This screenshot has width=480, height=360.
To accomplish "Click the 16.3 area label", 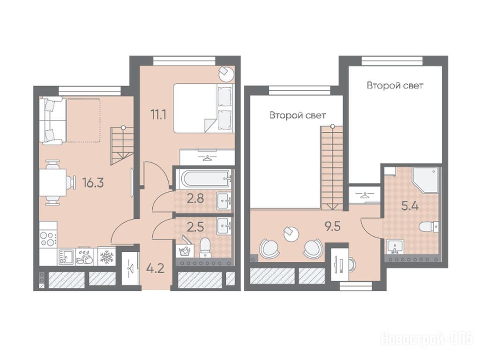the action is (x=93, y=183).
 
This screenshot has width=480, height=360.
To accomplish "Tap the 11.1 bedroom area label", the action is (x=158, y=115).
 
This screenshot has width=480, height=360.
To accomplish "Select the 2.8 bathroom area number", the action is (x=195, y=199).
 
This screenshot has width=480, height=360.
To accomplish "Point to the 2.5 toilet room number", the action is (x=195, y=227).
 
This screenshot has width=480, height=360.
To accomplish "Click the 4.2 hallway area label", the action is (x=155, y=269).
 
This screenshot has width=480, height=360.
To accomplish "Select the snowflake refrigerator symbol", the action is (x=106, y=256).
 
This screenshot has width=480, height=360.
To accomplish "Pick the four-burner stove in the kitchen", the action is (x=48, y=239).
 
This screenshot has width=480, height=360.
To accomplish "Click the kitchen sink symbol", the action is (x=66, y=257).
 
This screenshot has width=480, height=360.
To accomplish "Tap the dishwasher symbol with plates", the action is (x=84, y=256).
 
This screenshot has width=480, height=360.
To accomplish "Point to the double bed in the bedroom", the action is (x=203, y=108).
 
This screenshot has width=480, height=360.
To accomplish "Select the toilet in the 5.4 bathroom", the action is (x=428, y=227).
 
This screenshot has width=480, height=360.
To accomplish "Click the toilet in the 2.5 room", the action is (x=205, y=247).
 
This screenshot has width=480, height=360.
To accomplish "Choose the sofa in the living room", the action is (x=52, y=120).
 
